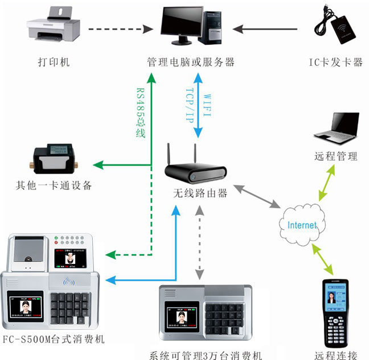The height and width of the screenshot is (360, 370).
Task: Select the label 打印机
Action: click(54, 62)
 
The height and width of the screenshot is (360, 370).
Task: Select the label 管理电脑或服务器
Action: click(191, 62)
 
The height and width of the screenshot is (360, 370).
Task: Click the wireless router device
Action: click(195, 166)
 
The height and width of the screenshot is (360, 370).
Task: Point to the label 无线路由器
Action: click(200, 193)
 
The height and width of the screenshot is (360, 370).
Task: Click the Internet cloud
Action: click(302, 224)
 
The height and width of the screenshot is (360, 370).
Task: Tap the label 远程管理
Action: click(336, 156)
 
